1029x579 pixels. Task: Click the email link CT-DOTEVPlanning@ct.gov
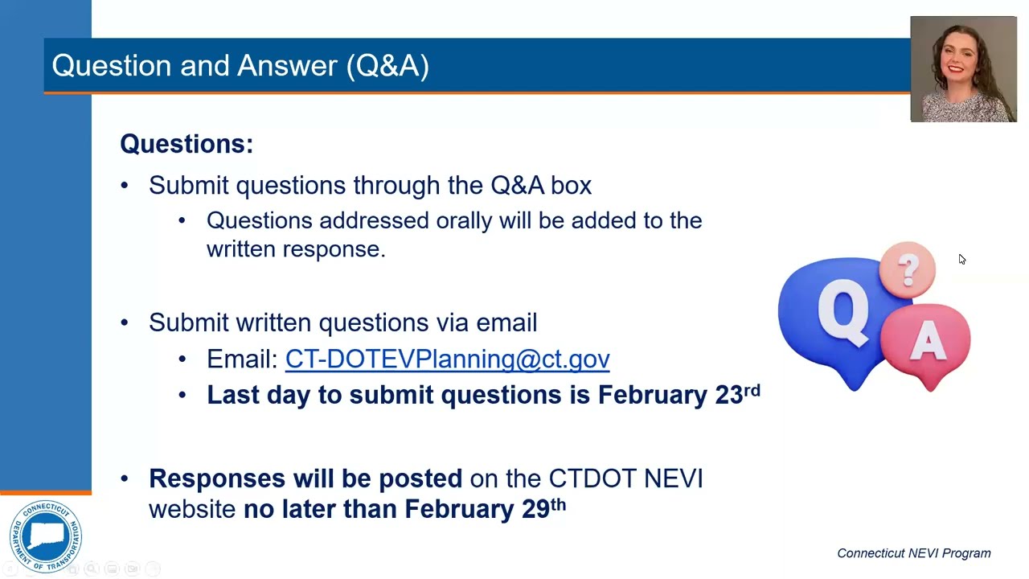point(447,359)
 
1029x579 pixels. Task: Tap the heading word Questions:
point(187,144)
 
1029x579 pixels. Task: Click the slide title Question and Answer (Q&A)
point(240,65)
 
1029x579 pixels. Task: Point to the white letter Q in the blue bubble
point(842,312)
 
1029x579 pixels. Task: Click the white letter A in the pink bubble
point(929,342)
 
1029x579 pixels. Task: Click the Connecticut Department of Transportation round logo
point(46,536)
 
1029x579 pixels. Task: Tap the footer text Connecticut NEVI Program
point(913,553)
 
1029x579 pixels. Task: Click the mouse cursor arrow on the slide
point(961,259)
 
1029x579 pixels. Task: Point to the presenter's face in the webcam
point(963,60)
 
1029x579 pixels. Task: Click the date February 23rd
point(678,394)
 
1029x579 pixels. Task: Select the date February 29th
point(485,509)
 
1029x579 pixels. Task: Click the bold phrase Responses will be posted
point(305,478)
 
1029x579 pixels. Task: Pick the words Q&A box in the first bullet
point(541,186)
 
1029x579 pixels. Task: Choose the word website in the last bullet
point(192,509)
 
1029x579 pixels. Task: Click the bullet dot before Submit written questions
point(124,322)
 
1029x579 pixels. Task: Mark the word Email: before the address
point(242,359)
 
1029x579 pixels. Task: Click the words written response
point(296,249)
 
